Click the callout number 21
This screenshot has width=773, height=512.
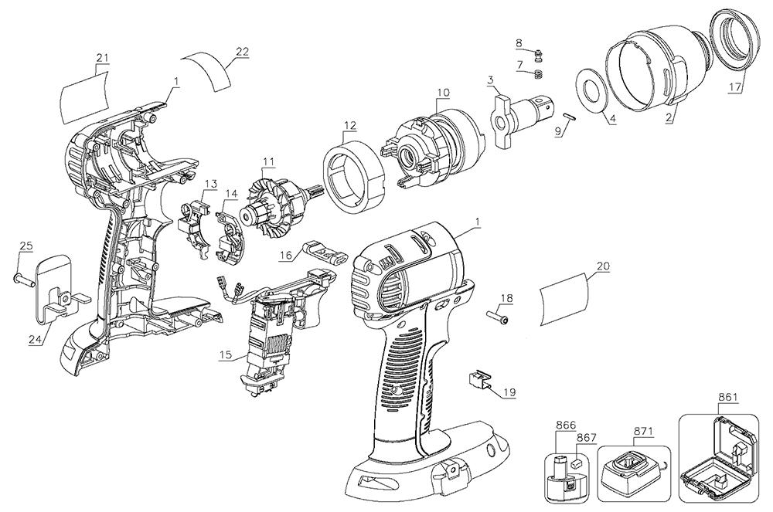(102, 58)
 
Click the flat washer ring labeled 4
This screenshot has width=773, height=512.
(591, 91)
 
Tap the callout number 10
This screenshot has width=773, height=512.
(443, 92)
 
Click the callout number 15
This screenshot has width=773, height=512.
(226, 354)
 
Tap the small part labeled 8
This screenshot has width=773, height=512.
(538, 59)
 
